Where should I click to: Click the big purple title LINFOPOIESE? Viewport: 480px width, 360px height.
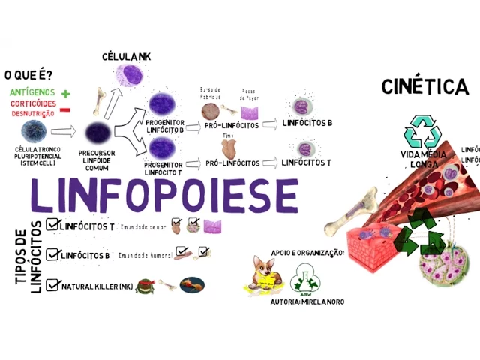point(163,196)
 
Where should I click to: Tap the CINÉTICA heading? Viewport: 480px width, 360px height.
point(424,87)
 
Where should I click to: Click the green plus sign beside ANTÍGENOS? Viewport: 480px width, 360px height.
point(66,94)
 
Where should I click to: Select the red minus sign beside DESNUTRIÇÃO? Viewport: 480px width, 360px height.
point(65,111)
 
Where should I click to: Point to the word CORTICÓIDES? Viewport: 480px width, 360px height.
point(31,103)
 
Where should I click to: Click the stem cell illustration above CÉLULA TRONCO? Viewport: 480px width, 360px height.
point(33,133)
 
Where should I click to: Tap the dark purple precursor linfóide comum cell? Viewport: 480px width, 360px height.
point(97,133)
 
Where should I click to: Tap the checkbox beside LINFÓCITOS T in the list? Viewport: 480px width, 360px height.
point(52,224)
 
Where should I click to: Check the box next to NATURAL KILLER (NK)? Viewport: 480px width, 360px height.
point(52,285)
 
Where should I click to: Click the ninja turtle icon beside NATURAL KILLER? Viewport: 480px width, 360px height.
point(144,285)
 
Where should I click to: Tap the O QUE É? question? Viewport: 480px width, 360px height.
point(28,75)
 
